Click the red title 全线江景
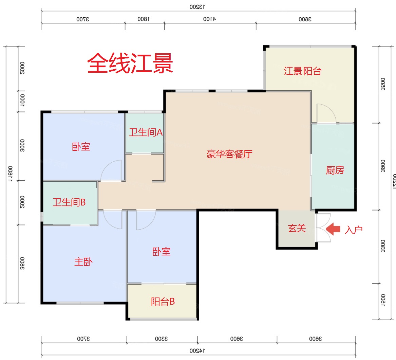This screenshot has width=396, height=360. click(x=130, y=63)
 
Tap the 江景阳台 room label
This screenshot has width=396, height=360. click(x=302, y=71)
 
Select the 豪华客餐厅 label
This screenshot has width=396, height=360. click(x=229, y=154)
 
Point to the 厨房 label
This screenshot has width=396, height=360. click(x=335, y=170)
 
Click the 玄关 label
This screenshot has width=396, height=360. click(x=297, y=228)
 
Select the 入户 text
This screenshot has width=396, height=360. click(x=354, y=230)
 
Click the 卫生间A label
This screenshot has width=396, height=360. click(x=146, y=132)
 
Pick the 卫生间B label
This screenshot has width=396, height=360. click(x=69, y=202)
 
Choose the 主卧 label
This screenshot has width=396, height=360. click(x=83, y=262)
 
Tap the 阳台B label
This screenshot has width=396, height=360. click(x=163, y=302)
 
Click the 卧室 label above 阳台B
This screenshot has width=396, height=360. click(x=162, y=252)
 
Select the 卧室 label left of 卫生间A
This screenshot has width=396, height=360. click(x=81, y=147)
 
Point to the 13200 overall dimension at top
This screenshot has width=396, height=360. click(x=198, y=6)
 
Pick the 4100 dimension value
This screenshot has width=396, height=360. click(x=209, y=19)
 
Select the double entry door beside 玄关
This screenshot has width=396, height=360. click(x=323, y=228)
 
